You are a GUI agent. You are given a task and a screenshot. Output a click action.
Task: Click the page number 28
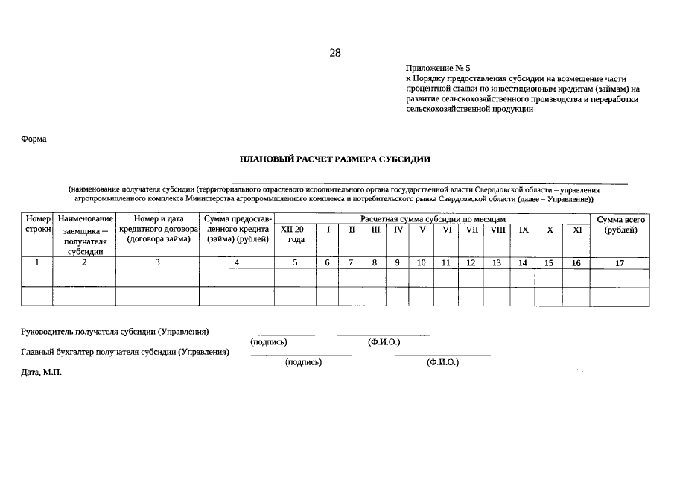click(335, 52)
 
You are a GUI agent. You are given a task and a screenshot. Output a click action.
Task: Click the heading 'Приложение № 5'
click(438, 68)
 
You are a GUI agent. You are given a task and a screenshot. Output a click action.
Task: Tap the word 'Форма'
click(34, 139)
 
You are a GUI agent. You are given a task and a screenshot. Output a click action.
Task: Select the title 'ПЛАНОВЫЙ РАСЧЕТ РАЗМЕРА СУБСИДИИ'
click(335, 159)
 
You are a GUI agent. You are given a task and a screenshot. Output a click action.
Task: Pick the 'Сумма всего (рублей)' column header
click(620, 224)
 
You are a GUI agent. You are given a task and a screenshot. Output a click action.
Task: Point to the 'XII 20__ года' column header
click(296, 234)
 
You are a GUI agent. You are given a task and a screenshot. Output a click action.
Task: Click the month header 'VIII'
click(497, 230)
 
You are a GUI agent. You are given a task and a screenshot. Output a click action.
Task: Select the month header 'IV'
click(398, 230)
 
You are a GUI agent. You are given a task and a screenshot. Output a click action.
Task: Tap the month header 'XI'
click(576, 230)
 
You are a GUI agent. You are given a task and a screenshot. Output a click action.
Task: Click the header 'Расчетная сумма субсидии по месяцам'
click(433, 219)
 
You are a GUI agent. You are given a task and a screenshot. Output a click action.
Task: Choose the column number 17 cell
click(620, 262)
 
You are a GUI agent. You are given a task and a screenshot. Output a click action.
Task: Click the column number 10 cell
click(421, 262)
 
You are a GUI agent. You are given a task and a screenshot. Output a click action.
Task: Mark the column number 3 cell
click(157, 262)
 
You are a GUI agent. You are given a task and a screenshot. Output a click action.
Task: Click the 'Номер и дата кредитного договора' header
click(157, 229)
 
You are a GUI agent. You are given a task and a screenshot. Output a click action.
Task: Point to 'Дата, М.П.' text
click(41, 371)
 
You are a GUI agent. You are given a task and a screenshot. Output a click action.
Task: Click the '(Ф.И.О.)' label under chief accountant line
click(442, 362)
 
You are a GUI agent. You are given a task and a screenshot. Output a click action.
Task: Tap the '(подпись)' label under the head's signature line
click(269, 342)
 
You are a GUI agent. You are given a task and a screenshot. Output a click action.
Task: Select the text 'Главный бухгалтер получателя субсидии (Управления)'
click(124, 352)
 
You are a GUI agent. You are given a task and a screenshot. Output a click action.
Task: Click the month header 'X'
click(550, 230)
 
